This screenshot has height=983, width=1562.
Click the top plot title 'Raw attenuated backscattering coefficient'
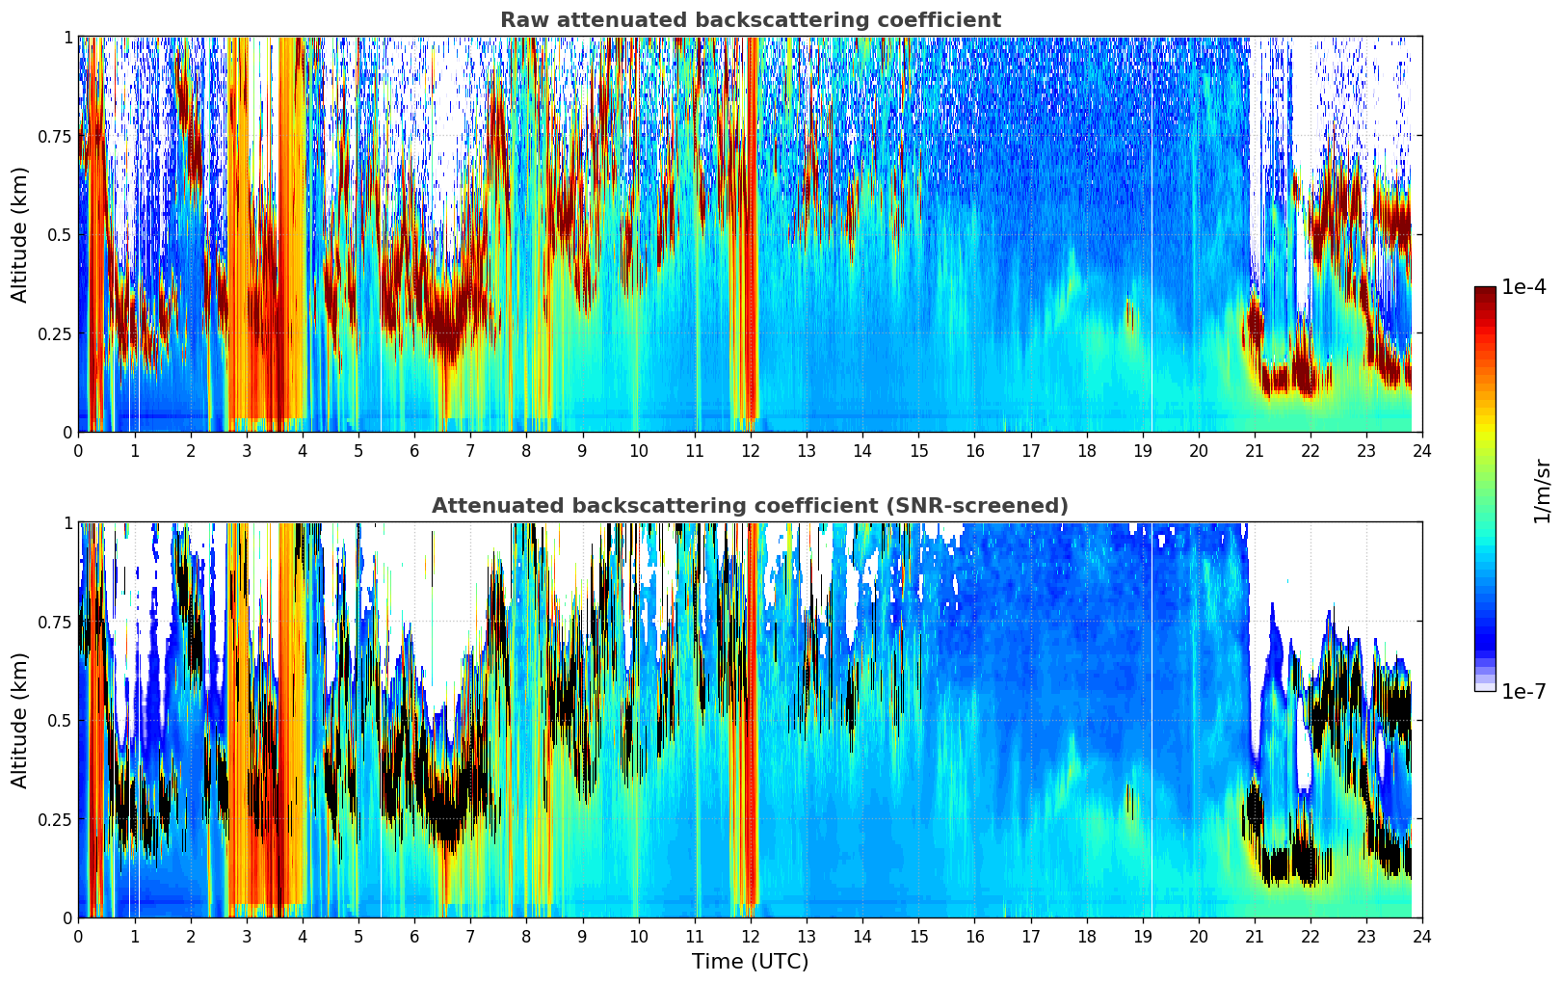(750, 20)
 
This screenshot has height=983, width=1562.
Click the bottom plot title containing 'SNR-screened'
(750, 506)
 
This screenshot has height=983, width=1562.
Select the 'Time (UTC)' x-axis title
(750, 962)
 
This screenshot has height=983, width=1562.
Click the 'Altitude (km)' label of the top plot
(19, 234)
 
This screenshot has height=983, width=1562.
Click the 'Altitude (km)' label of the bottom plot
(19, 720)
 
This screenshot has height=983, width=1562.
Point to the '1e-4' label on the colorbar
(1523, 287)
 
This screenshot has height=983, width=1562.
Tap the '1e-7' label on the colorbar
(1523, 691)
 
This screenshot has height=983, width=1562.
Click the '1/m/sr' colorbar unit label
(1542, 491)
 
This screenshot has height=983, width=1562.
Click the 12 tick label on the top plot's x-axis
(751, 450)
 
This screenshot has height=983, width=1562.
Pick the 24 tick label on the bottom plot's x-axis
(1422, 936)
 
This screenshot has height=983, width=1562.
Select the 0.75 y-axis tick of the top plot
(54, 136)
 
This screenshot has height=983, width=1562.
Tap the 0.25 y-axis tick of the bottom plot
(54, 819)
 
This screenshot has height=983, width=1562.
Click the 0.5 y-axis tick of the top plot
(59, 234)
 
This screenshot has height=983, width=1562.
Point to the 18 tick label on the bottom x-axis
(1086, 936)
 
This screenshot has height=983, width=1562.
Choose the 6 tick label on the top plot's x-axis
(414, 450)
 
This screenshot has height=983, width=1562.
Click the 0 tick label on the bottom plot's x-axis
(78, 936)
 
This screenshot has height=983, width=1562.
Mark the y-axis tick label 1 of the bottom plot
(67, 522)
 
